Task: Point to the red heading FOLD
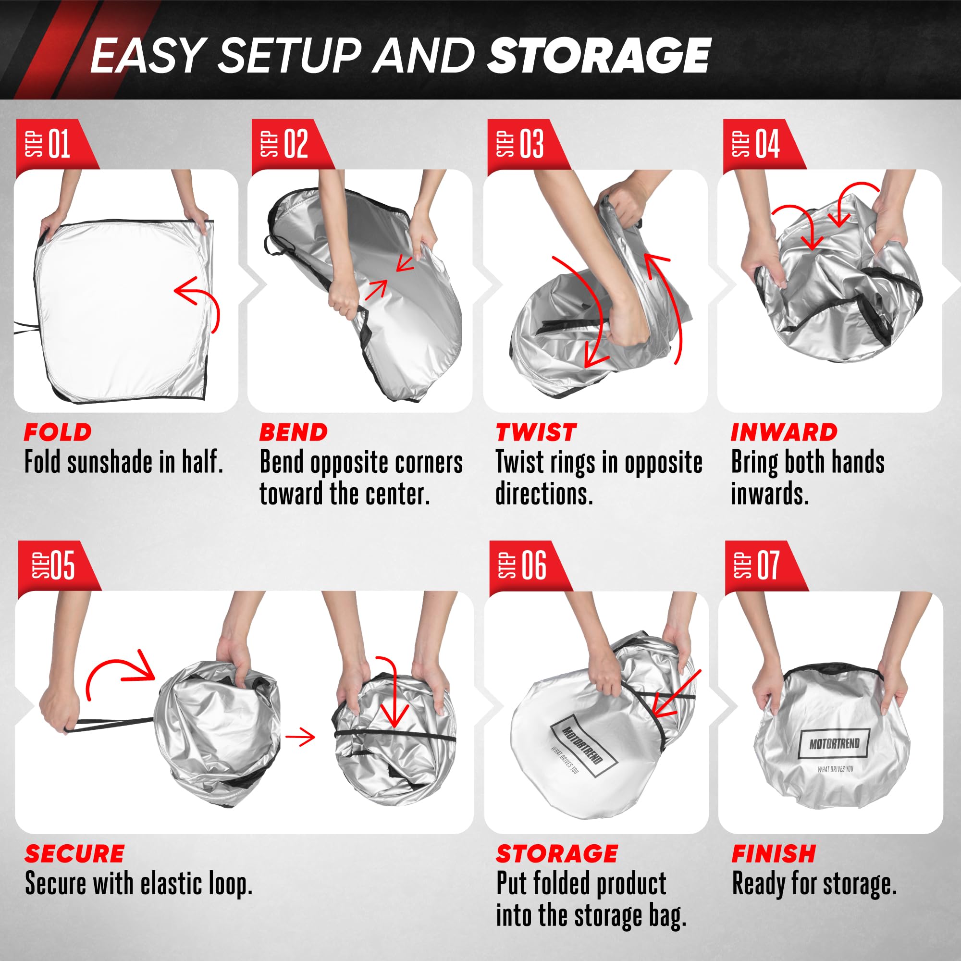point(58,432)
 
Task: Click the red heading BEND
point(294,432)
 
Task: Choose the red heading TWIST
point(536,432)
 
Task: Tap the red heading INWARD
point(784,432)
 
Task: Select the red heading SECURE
point(74,854)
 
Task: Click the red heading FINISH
point(774,854)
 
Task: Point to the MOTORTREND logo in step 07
point(834,744)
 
